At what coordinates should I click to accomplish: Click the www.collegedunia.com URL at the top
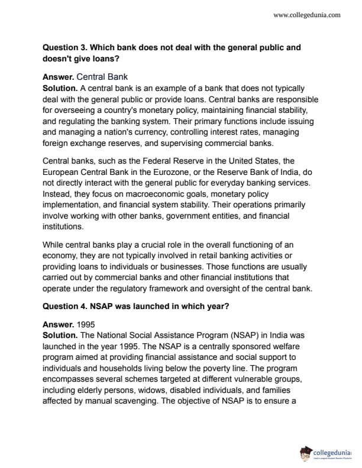[307, 15]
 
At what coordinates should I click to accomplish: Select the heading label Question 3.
[66, 47]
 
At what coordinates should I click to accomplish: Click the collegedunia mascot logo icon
[306, 453]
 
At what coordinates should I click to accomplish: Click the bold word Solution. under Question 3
[60, 87]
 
